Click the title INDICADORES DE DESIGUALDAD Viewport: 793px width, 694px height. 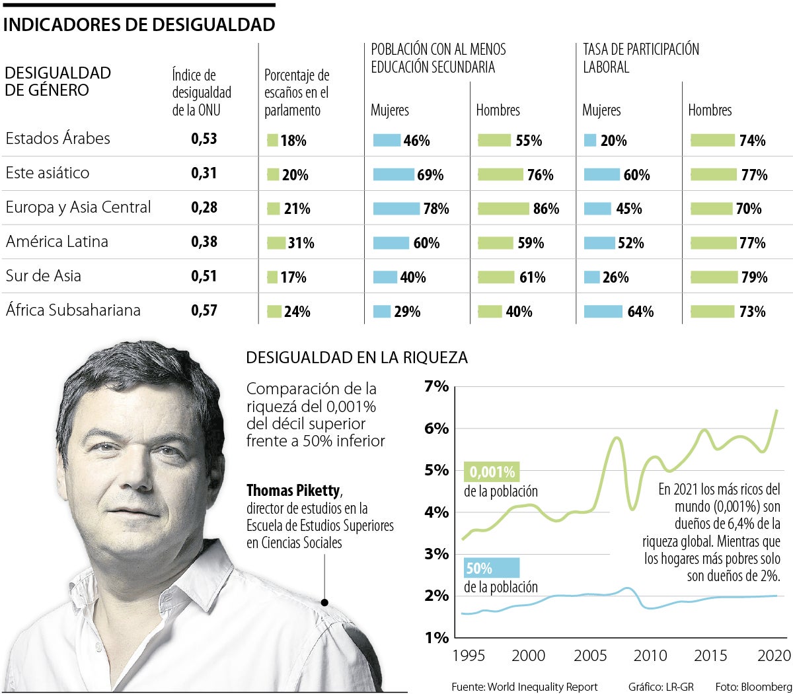coord(139,25)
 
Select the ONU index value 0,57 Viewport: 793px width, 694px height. coord(204,310)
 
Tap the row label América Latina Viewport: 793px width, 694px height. coord(57,242)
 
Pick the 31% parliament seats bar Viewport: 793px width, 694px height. coord(276,243)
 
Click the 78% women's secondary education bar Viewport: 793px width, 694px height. coord(396,209)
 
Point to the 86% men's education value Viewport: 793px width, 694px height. coord(546,209)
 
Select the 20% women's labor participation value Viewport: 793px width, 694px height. coord(613,141)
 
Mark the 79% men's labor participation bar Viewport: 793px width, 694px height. coord(714,277)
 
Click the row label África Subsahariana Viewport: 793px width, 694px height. coord(73,310)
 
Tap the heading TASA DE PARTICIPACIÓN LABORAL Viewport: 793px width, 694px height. coord(640,58)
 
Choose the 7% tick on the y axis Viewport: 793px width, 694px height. coord(436,386)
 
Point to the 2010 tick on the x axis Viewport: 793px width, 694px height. coord(650,656)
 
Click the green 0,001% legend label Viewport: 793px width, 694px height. coord(492,472)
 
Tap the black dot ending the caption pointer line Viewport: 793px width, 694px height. coord(324,602)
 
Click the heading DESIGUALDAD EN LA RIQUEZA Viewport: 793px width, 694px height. coord(356,358)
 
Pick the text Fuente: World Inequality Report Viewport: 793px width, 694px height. coord(524,687)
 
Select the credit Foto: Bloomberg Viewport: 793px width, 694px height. coord(753,687)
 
